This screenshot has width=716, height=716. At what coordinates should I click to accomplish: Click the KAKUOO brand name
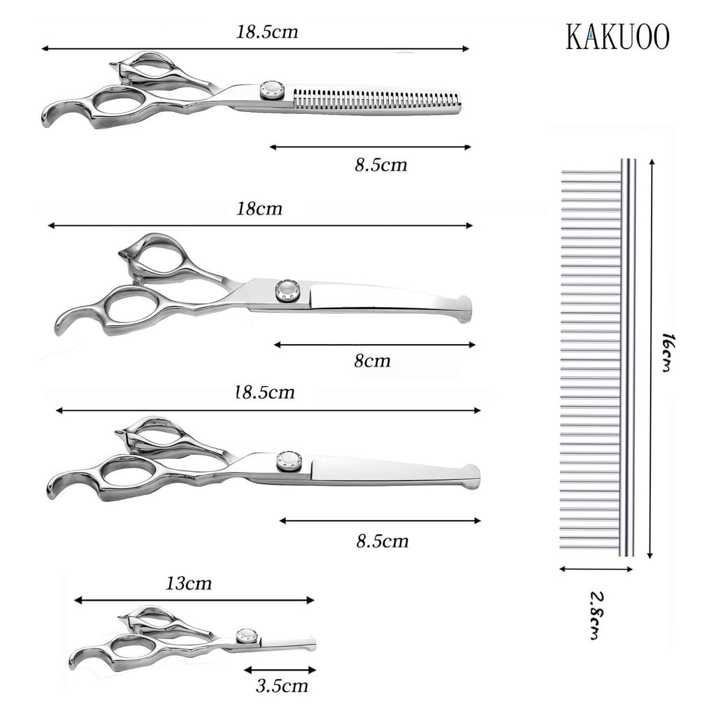coord(618,36)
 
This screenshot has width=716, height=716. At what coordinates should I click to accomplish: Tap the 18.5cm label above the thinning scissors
coord(267,31)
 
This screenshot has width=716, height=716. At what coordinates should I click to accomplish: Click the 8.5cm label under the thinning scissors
coord(381,164)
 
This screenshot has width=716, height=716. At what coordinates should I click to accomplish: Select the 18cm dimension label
coord(259,208)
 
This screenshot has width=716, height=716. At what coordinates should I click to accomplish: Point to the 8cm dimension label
coord(372,361)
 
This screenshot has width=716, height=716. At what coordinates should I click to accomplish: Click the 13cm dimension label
coord(189,583)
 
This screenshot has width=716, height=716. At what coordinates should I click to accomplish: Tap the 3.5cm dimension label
coord(282,685)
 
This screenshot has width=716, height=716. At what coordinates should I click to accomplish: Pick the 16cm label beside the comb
coord(668,352)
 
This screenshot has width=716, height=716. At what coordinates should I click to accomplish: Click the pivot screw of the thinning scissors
coord(271,90)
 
